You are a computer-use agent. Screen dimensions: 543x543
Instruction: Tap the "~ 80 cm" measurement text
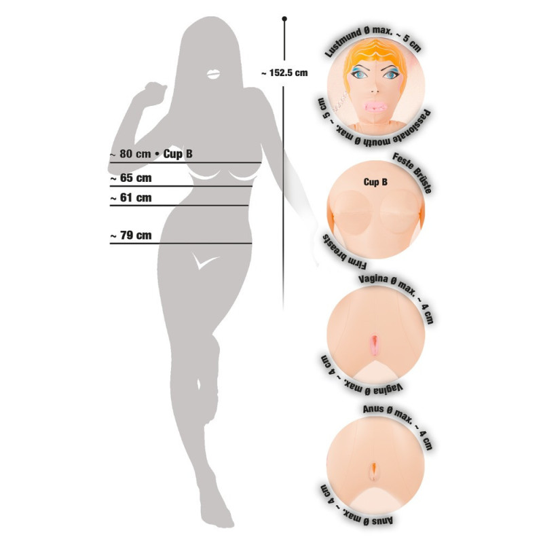[130, 154]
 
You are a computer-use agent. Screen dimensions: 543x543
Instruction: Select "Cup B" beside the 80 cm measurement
[179, 154]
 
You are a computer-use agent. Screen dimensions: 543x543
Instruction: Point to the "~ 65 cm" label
[130, 179]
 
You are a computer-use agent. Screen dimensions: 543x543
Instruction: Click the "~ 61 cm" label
[130, 198]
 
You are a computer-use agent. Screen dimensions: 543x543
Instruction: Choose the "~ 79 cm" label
[130, 236]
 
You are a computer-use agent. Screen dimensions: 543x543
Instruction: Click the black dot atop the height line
[284, 19]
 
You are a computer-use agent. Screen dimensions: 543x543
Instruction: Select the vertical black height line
[284, 170]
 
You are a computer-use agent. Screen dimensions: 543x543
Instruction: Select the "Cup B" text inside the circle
[375, 182]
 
